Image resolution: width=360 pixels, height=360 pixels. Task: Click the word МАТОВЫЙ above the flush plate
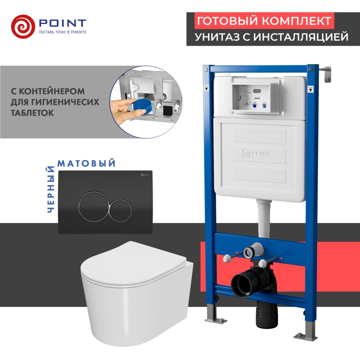(87, 164)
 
